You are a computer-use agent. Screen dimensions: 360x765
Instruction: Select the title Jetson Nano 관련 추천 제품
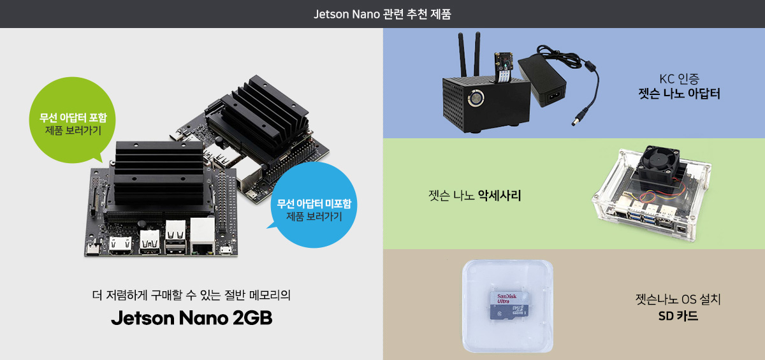tap(382, 13)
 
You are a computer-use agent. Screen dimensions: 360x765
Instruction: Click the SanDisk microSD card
tap(509, 305)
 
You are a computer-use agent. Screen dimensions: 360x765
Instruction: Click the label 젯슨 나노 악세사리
tap(475, 195)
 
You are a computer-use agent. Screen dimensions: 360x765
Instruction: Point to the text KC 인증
tap(679, 80)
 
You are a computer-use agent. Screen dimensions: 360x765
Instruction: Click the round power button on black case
tap(476, 99)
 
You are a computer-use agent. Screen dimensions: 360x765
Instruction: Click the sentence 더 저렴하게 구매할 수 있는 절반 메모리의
tap(191, 295)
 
